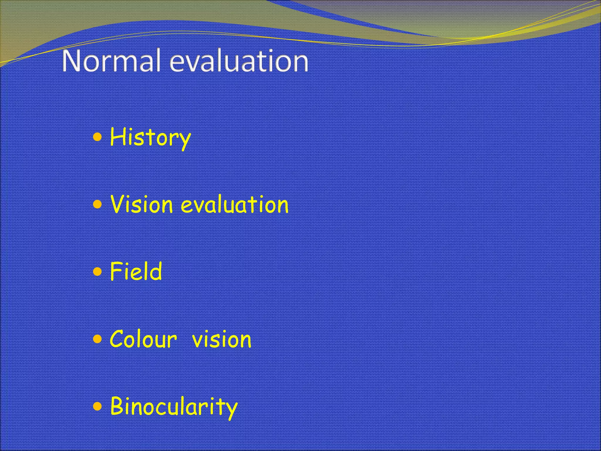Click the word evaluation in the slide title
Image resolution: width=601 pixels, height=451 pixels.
point(239,61)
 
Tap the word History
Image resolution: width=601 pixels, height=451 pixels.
point(150,137)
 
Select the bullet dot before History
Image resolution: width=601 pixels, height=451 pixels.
point(97,137)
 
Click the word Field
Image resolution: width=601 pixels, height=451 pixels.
point(136,271)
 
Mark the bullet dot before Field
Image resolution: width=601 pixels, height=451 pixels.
point(97,272)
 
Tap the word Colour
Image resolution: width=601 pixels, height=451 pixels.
point(143,339)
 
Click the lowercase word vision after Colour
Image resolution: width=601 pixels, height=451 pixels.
point(222,339)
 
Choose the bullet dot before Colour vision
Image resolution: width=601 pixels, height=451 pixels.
point(97,339)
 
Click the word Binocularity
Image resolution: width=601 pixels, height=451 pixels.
point(174,406)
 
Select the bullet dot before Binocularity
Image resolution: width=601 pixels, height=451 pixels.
point(97,407)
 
